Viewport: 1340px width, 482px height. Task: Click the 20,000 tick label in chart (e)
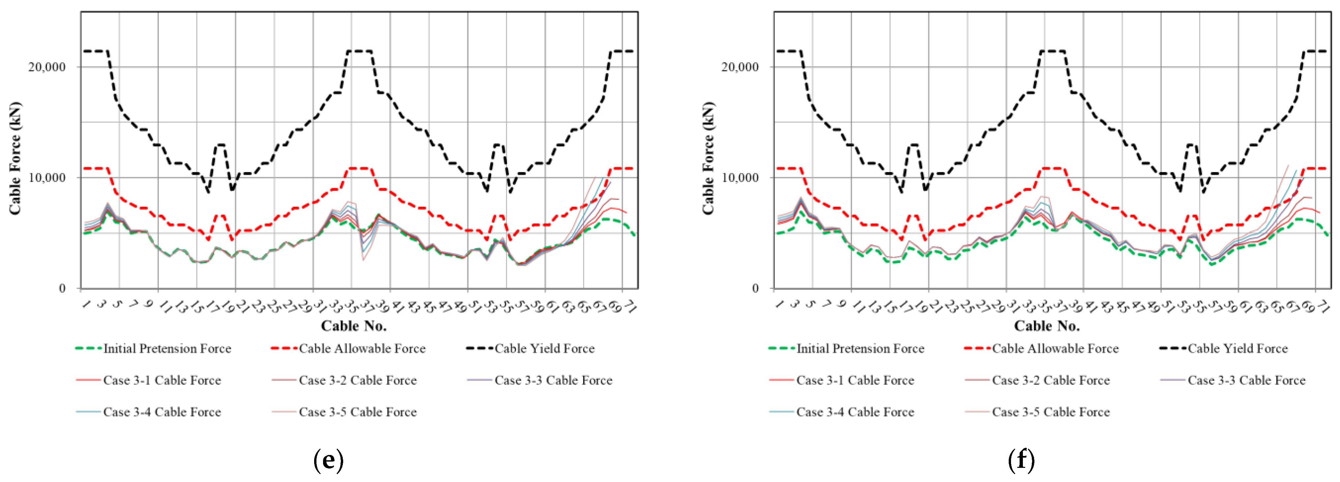click(48, 67)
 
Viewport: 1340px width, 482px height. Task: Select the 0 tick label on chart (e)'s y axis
click(62, 289)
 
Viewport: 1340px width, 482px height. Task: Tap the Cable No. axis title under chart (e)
click(354, 326)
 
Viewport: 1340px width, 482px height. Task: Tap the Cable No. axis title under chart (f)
click(1047, 326)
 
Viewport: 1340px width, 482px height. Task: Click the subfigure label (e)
click(329, 460)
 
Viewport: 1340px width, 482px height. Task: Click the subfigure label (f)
click(1021, 460)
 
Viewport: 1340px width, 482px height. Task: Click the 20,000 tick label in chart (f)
click(741, 67)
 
